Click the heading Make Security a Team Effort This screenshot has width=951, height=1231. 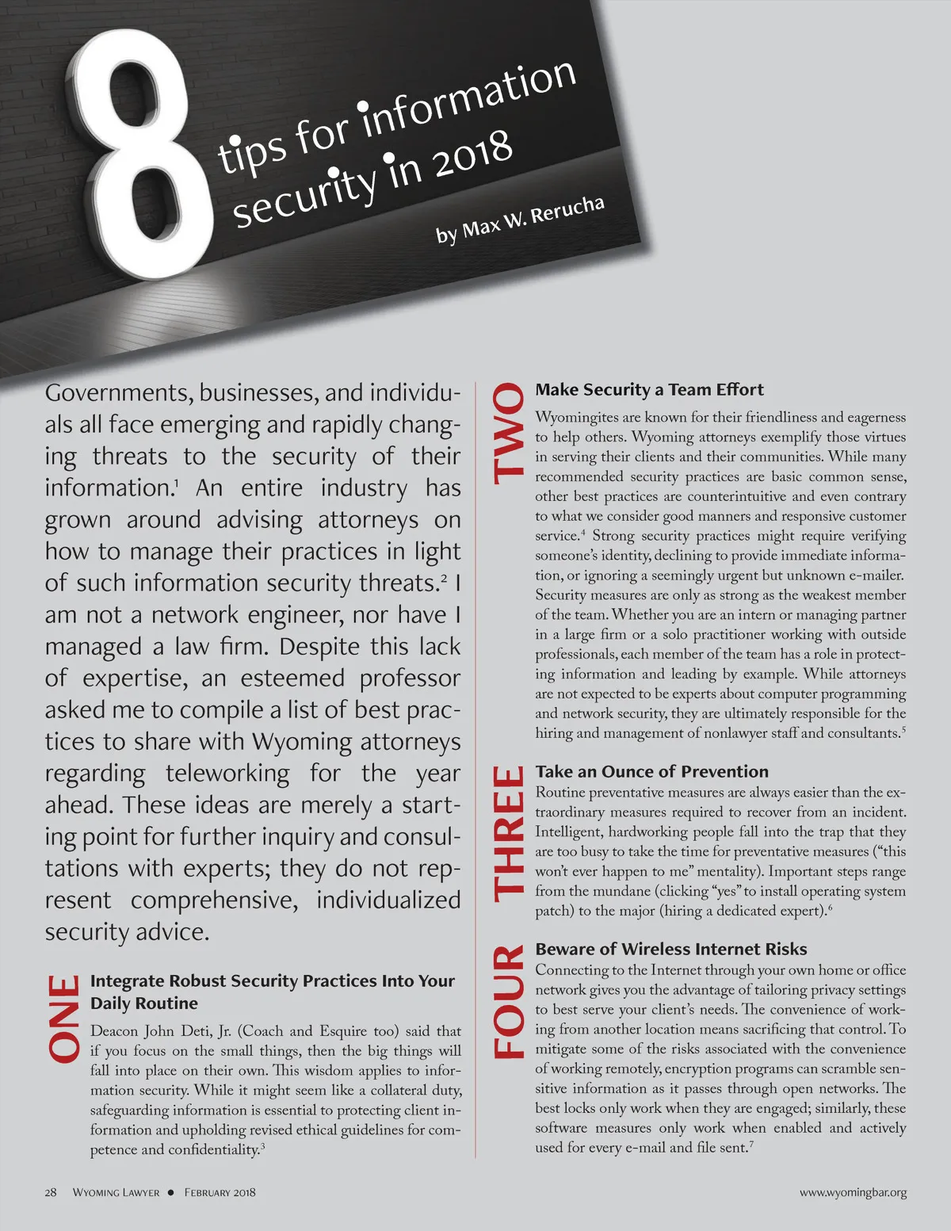649,389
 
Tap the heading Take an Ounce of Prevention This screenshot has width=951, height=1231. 651,771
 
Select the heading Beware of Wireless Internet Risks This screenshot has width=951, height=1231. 670,949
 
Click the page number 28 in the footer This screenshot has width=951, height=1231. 51,1192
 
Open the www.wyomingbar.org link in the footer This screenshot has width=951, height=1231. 853,1192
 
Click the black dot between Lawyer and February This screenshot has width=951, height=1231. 171,1192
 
